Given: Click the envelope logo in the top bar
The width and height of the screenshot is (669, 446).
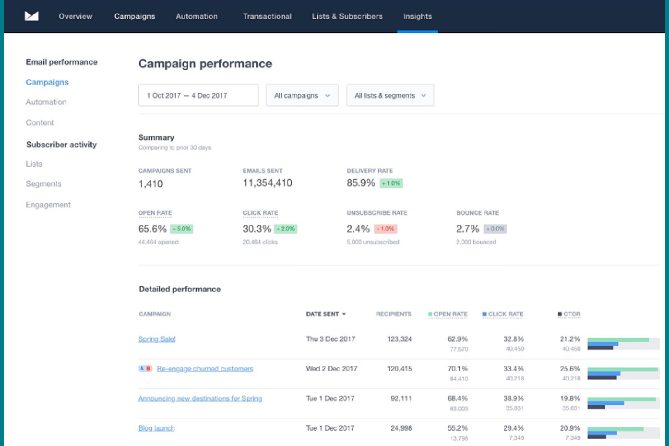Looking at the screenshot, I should point(32,16).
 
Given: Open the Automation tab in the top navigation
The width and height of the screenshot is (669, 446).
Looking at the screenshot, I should point(196,16).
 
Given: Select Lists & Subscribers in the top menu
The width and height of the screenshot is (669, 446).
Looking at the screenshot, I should point(347,16).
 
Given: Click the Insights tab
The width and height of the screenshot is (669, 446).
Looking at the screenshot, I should point(417,16).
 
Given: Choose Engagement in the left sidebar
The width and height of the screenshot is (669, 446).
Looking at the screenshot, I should point(48,205).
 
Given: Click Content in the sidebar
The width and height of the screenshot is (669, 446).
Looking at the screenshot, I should point(40,122).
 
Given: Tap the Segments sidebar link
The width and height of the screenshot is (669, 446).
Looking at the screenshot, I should point(43,184).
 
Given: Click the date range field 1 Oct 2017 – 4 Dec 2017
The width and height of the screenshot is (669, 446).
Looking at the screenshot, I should point(198,95).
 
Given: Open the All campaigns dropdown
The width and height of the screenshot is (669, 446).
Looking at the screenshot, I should point(302,95).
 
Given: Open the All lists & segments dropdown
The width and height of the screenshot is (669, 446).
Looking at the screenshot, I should point(390,95).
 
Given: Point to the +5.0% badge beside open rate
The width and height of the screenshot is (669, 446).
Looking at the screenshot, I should point(182,229).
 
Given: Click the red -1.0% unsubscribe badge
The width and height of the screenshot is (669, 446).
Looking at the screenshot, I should point(386,229).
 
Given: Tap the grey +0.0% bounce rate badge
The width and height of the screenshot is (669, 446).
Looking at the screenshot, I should point(495,229).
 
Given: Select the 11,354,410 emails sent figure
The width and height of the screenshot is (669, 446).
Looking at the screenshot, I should point(267,183).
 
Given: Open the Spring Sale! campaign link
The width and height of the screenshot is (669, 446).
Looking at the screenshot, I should point(157,339).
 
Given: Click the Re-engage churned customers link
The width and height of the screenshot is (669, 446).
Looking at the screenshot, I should point(205,369).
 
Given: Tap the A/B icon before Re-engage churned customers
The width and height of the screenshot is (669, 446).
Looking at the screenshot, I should point(145,369).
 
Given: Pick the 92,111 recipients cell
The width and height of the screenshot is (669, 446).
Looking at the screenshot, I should point(401,399).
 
